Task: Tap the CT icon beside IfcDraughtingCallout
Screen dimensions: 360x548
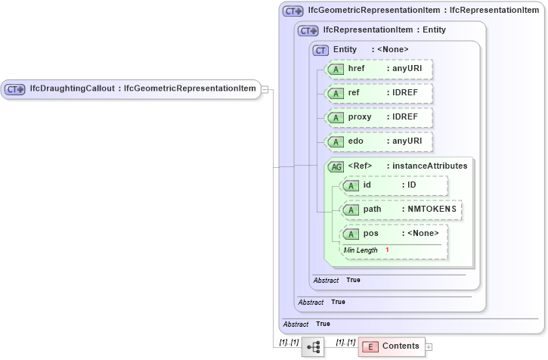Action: tap(15, 88)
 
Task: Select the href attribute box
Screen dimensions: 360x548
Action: tap(379, 69)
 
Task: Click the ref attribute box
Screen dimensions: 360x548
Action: tap(379, 93)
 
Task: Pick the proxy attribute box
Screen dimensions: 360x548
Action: tap(379, 117)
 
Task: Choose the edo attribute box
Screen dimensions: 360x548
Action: tap(379, 141)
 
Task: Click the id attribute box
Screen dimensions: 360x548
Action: tap(394, 185)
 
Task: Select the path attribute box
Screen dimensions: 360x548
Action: tap(401, 209)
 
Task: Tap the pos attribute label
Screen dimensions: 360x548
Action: tap(370, 233)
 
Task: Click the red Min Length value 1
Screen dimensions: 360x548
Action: tap(387, 250)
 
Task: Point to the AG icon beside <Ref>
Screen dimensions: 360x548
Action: tap(335, 166)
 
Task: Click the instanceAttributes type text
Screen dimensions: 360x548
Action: tap(430, 166)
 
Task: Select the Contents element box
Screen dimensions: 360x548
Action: tap(391, 346)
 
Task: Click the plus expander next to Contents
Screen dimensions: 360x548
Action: tap(429, 346)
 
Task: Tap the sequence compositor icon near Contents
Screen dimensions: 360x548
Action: tap(314, 346)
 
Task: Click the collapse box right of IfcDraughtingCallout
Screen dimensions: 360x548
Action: tap(265, 88)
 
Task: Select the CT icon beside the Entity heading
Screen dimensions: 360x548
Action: tap(320, 50)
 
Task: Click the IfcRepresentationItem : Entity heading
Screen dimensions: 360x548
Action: tap(384, 30)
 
